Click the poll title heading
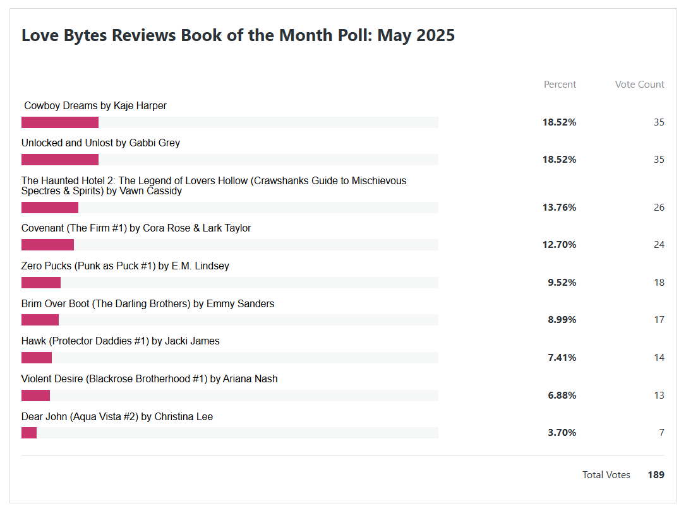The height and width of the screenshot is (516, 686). [238, 35]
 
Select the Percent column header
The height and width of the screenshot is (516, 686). [560, 85]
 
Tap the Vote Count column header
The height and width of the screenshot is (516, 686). [639, 85]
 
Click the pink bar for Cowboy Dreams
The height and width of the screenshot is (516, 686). [60, 122]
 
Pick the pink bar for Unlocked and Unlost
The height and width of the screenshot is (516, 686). [60, 160]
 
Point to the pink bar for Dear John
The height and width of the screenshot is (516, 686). [29, 433]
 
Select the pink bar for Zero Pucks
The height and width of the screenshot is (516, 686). [41, 283]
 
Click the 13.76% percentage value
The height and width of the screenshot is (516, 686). [559, 208]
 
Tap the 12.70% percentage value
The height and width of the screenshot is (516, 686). [559, 245]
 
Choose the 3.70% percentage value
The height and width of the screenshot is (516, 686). [562, 433]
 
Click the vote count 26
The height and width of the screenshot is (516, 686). [659, 208]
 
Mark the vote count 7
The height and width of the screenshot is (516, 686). [661, 433]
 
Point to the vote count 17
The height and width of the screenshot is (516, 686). [659, 320]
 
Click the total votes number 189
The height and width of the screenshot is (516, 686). [656, 475]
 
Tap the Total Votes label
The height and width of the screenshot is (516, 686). [606, 475]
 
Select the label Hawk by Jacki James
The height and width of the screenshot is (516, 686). [121, 341]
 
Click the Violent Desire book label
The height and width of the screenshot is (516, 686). [150, 379]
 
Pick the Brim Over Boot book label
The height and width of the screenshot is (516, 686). [148, 304]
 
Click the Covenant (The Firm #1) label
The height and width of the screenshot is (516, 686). [136, 228]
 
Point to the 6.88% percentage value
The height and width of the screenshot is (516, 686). [562, 396]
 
